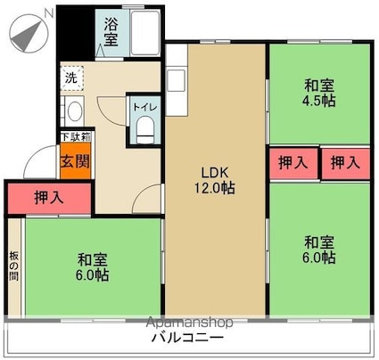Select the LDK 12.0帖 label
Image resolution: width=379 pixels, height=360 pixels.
click(216, 179)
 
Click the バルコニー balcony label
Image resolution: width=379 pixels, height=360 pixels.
click(186, 339)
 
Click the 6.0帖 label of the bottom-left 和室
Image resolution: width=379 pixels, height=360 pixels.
click(93, 275)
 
